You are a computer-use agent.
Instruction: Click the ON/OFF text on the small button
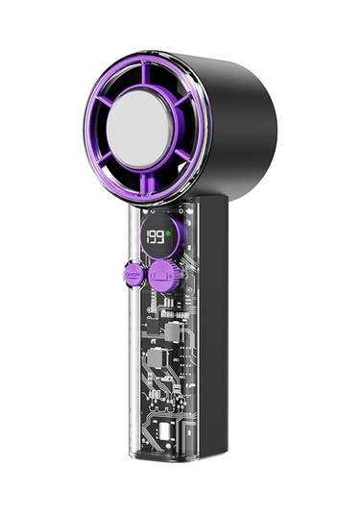tap(132, 275)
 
